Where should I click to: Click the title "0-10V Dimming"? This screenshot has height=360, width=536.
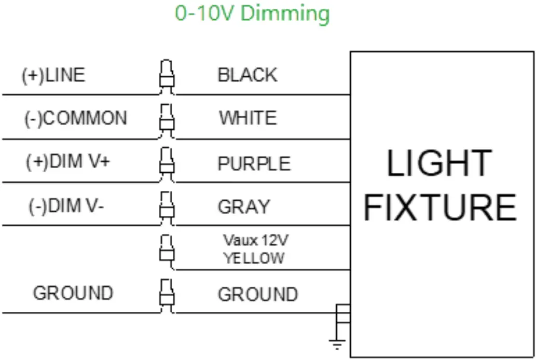(252, 13)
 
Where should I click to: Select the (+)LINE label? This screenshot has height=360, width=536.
(53, 76)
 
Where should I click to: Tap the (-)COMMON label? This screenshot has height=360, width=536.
(76, 118)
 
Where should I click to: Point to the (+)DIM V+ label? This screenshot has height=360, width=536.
(67, 162)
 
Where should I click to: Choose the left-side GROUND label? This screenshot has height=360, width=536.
(73, 293)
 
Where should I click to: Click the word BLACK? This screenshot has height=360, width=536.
(248, 76)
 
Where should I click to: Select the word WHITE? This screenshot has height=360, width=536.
(248, 118)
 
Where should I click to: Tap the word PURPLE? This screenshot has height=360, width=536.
(254, 163)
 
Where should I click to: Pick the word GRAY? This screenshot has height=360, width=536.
(244, 207)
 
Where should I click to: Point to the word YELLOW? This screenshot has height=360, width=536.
(254, 258)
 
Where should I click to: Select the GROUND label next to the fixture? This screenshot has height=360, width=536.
(257, 295)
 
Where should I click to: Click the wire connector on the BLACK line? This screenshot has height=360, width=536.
(166, 77)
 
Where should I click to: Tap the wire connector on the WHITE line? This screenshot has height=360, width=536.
(166, 121)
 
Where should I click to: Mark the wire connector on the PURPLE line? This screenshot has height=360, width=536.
(166, 164)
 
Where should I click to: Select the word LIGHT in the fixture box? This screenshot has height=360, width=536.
(439, 163)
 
